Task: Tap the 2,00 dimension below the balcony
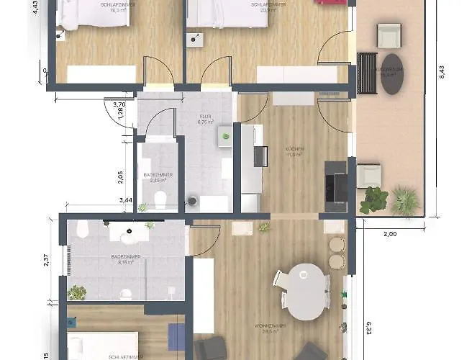click(389, 234)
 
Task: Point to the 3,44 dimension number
click(126, 199)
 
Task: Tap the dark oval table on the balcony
click(393, 73)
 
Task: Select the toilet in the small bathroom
click(163, 199)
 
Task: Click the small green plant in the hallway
click(226, 135)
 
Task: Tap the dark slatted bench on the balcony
click(367, 73)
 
